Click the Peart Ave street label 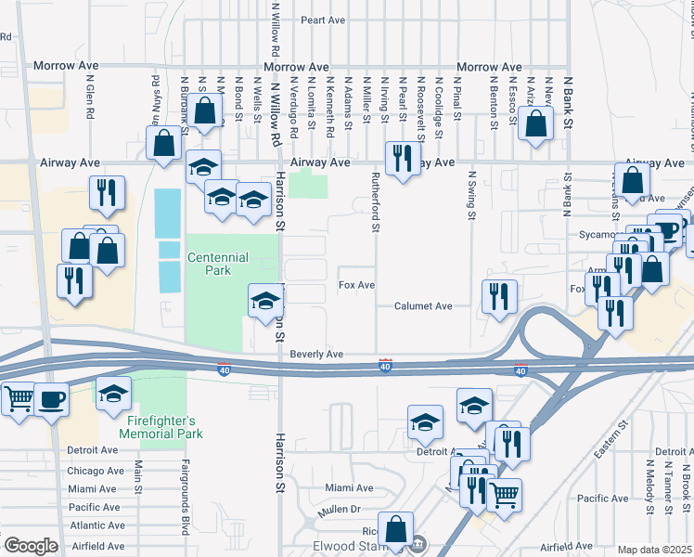pos(322,19)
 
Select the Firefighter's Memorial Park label pos(163,426)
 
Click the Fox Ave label pos(356,285)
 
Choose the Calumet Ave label pos(422,305)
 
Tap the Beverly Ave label pos(316,355)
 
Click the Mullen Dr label pos(342,509)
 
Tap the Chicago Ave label pos(92,471)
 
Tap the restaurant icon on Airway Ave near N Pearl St pos(401,157)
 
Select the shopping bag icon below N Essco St pos(536,123)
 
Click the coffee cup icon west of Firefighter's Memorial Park pos(51,398)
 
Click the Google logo pos(31,546)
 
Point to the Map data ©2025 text pos(654,550)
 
